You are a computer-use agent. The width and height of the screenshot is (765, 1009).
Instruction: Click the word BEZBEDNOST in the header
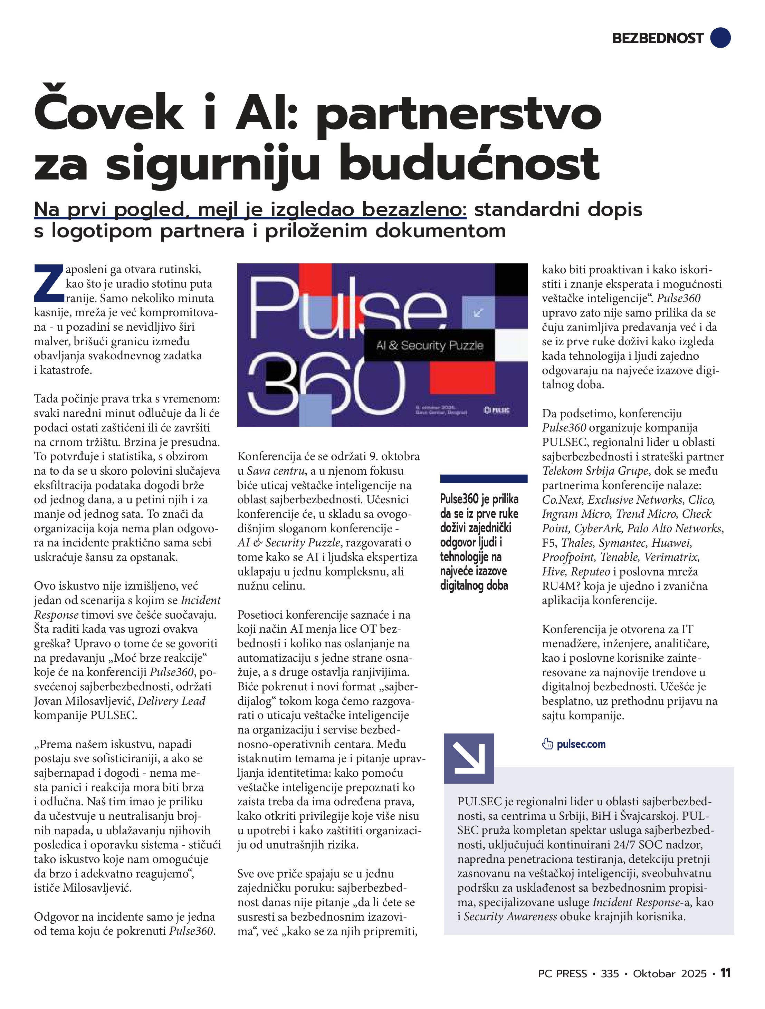[657, 38]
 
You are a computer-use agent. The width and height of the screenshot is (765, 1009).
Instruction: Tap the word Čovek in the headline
[109, 114]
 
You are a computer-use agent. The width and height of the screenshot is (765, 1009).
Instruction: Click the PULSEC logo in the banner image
[497, 410]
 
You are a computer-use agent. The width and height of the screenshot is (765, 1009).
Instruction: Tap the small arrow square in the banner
[478, 312]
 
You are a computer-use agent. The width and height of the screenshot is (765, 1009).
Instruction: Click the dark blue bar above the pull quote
[484, 478]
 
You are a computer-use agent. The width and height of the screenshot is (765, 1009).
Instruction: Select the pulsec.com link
[581, 744]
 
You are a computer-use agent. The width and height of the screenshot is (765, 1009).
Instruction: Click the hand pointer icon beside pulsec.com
[547, 744]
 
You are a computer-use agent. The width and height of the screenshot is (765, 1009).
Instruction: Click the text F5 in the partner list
[549, 543]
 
